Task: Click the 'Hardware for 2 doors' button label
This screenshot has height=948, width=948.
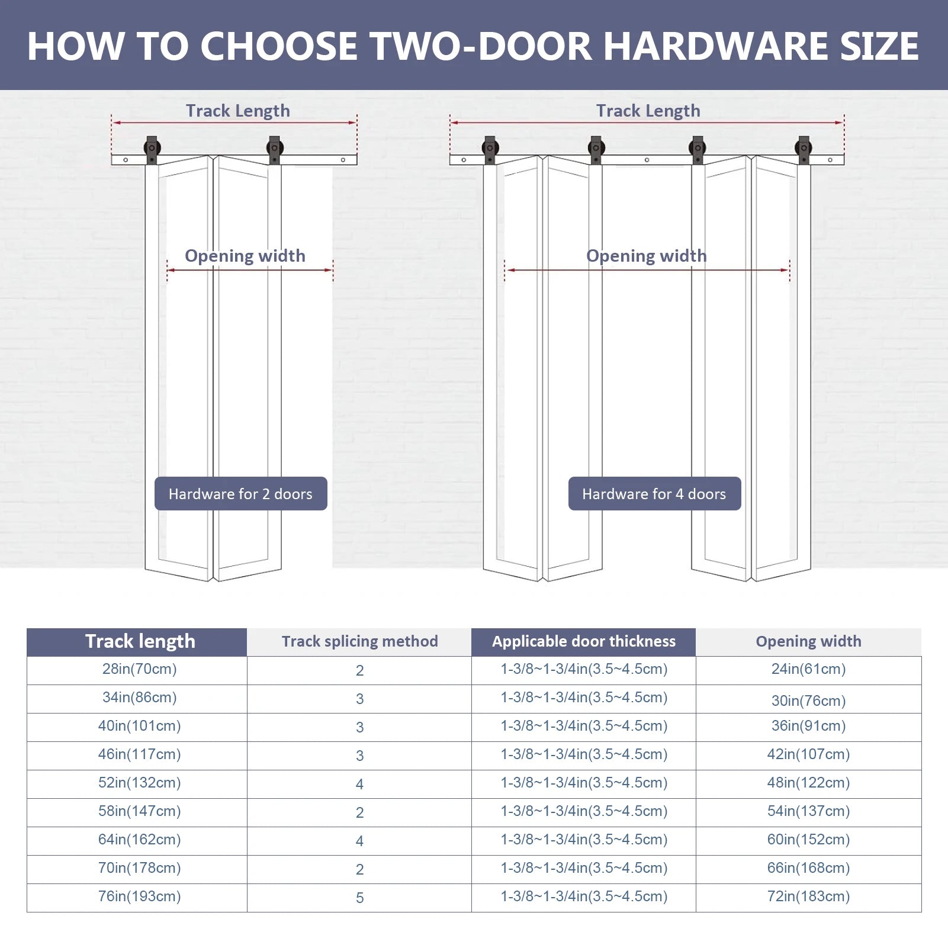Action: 240,494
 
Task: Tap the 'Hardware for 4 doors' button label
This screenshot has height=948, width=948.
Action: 654,494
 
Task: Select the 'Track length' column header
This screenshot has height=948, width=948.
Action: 140,641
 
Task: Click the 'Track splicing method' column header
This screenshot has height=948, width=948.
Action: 359,641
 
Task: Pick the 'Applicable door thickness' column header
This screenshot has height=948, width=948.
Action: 583,641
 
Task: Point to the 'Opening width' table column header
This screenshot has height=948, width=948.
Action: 808,641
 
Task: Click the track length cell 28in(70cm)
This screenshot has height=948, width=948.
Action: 140,669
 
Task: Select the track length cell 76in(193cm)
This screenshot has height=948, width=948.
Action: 140,896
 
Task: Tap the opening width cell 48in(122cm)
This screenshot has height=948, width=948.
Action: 808,783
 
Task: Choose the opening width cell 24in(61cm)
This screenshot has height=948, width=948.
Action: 808,669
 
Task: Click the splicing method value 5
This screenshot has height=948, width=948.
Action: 359,898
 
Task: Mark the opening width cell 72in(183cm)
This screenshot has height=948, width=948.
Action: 808,896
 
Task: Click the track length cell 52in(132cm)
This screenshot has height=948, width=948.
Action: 140,783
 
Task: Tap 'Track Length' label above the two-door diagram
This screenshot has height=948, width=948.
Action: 237,111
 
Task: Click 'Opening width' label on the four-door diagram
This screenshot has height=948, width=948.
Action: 646,256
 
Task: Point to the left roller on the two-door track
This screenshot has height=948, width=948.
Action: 152,149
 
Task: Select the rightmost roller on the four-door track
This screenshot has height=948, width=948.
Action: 804,149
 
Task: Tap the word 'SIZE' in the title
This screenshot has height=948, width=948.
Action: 879,46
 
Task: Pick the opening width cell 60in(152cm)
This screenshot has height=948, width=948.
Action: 808,840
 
